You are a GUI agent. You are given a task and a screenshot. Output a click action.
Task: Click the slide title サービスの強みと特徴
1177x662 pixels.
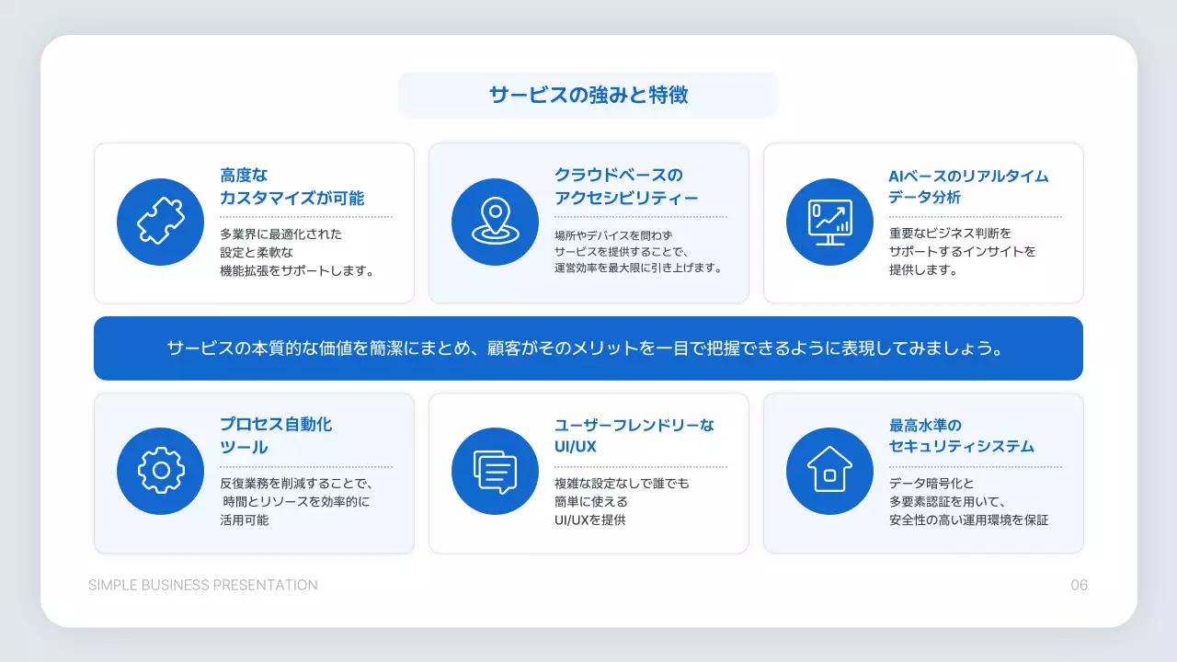(588, 95)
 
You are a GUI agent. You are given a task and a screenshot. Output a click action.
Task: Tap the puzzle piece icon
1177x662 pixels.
(161, 222)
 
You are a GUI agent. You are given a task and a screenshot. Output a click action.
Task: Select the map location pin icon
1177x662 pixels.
(495, 222)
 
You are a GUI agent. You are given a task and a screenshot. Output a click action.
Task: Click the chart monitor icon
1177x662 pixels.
(829, 222)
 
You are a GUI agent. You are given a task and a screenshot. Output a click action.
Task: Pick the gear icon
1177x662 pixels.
(161, 471)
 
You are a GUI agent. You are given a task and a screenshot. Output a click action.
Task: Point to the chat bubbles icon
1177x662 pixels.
(495, 471)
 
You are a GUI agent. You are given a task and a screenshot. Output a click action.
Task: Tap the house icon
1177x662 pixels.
(829, 471)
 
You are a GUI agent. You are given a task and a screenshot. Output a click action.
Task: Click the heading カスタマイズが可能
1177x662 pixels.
(291, 198)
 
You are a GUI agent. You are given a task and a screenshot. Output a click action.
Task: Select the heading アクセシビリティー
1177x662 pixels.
(626, 198)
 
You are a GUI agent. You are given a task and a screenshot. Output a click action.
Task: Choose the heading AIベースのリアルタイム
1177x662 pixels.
(968, 176)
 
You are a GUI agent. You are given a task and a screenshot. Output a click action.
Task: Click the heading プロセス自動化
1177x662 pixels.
(276, 425)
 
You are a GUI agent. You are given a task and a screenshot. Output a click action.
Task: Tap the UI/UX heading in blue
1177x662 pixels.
(575, 447)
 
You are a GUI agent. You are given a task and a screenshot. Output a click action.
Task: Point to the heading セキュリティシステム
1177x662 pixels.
(961, 447)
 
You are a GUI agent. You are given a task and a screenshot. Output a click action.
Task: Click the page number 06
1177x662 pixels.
(1079, 586)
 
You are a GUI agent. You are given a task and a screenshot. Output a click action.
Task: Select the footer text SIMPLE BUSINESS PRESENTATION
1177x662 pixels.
(203, 586)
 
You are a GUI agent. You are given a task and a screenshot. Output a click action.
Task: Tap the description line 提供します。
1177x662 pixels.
(923, 270)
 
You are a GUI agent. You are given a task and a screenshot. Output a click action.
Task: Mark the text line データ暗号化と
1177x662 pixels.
(931, 484)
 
